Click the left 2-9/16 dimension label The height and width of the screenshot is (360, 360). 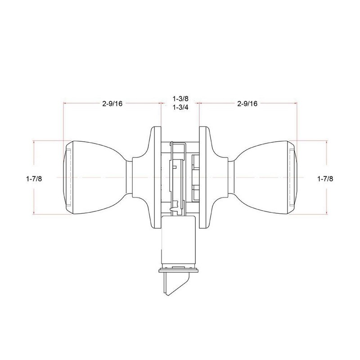click(112, 104)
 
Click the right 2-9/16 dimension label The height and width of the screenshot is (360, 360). click(247, 104)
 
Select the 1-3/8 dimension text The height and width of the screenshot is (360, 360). click(180, 99)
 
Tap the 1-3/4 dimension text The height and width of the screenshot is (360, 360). click(180, 107)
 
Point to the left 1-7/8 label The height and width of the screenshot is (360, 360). click(34, 179)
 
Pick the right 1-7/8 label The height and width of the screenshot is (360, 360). click(325, 179)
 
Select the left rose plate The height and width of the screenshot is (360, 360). click(156, 177)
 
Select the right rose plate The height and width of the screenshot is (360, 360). click(204, 177)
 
